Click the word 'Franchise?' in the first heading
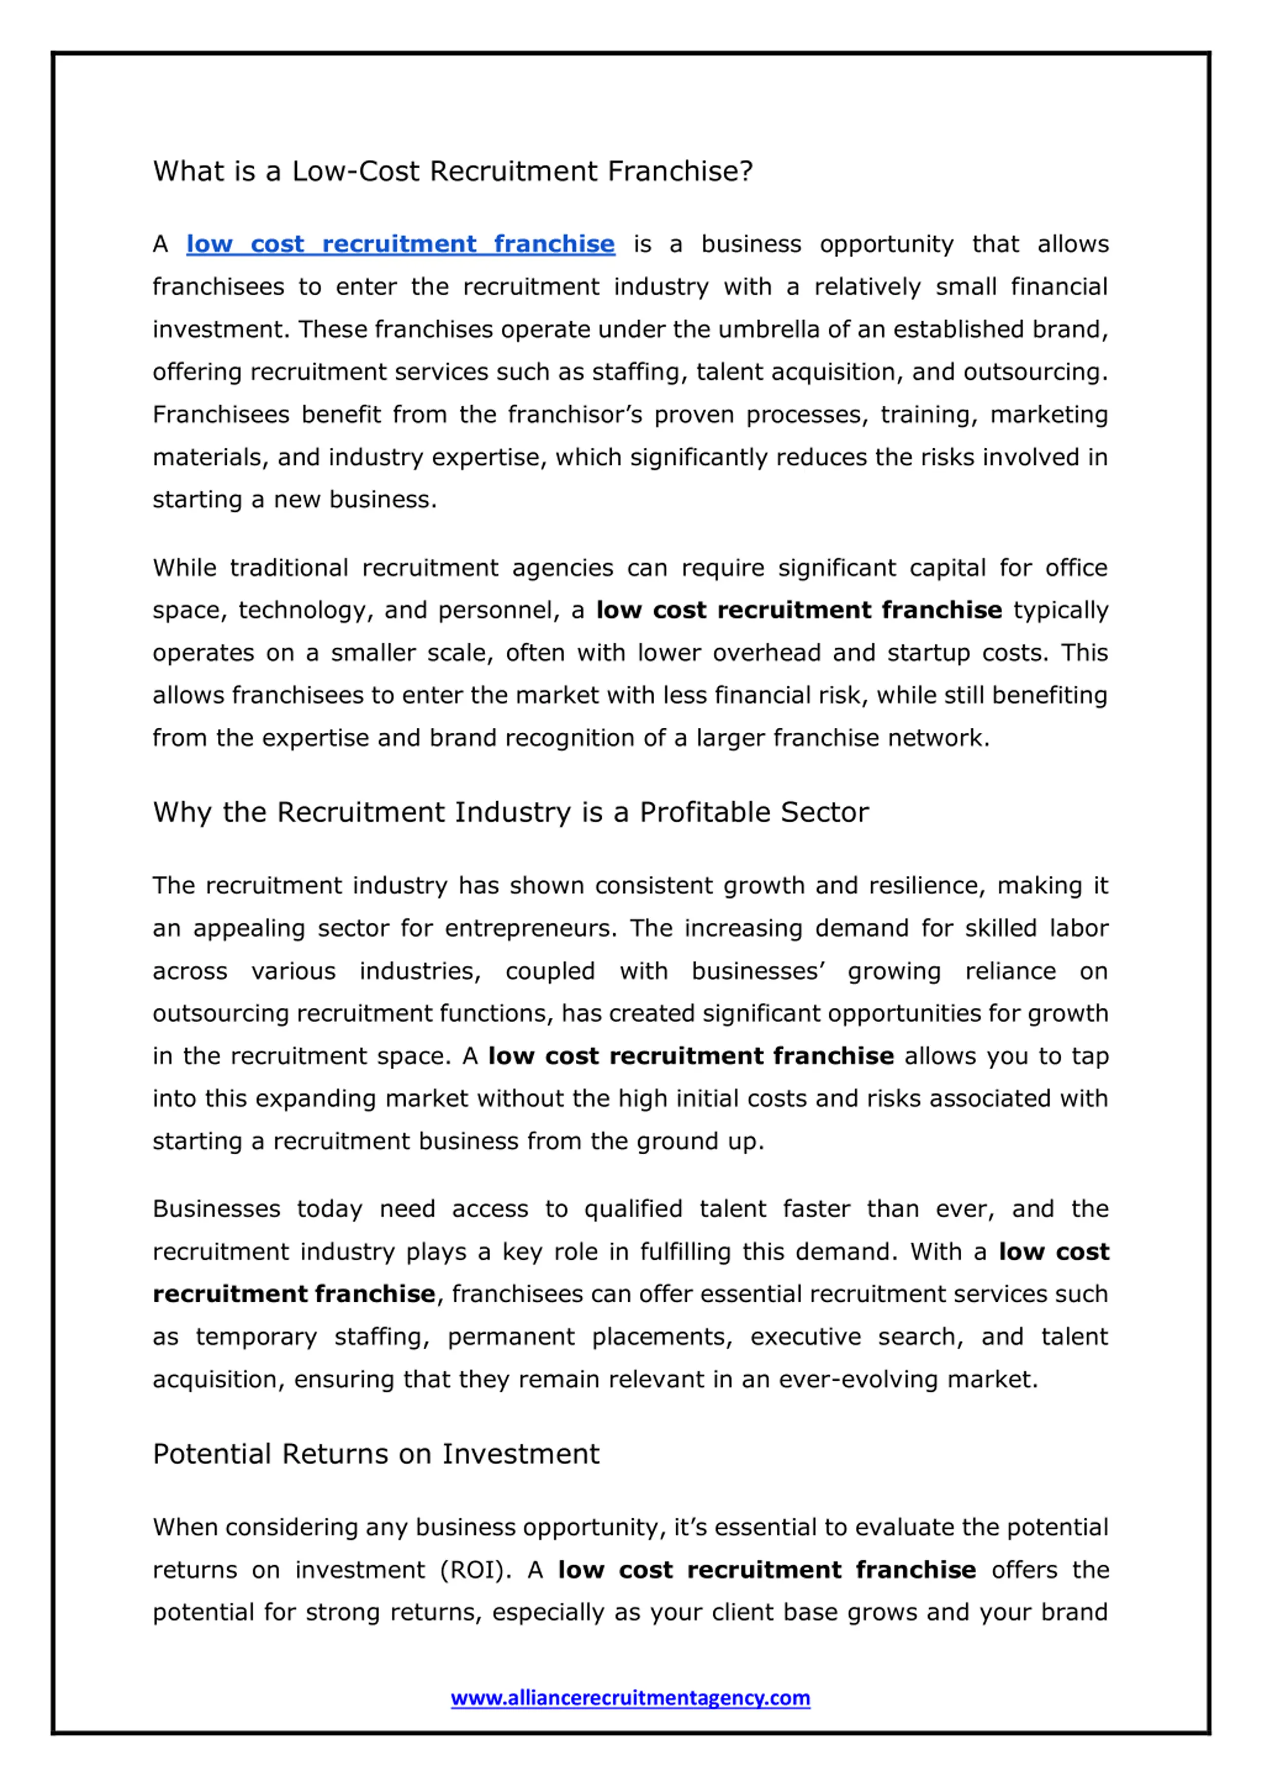pos(680,171)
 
